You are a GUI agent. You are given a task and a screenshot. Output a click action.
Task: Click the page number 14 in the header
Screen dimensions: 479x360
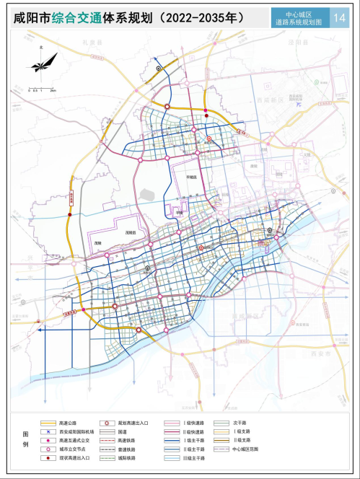[340, 17]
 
